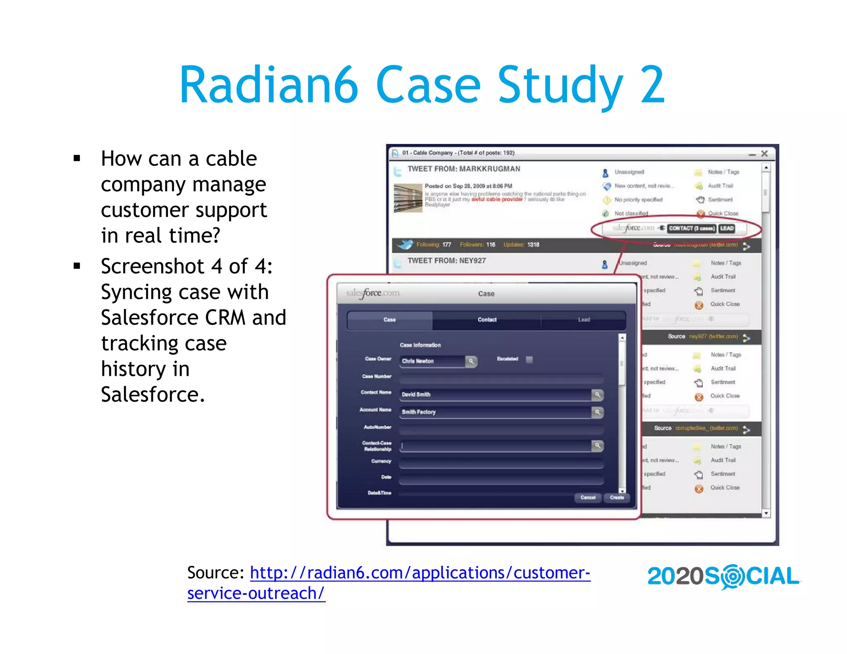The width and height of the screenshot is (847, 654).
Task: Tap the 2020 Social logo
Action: [x=724, y=576]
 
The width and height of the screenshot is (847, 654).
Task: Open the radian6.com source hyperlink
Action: [x=420, y=573]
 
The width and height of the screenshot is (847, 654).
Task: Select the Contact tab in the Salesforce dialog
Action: [x=487, y=320]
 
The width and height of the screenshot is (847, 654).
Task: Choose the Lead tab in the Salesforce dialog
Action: [x=584, y=320]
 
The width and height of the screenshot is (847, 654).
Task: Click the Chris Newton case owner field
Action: [x=432, y=361]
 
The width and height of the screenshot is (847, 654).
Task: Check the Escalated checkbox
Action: [x=529, y=359]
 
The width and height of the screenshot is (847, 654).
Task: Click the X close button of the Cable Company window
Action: [x=764, y=154]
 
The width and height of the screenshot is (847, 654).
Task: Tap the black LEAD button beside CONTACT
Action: [x=727, y=228]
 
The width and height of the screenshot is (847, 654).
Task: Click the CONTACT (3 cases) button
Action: [x=691, y=228]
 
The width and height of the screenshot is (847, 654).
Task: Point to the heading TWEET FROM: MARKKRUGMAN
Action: [x=464, y=169]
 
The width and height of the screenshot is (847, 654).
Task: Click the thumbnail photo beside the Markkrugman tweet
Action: [x=408, y=198]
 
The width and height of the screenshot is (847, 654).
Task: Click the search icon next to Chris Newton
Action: [x=471, y=361]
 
